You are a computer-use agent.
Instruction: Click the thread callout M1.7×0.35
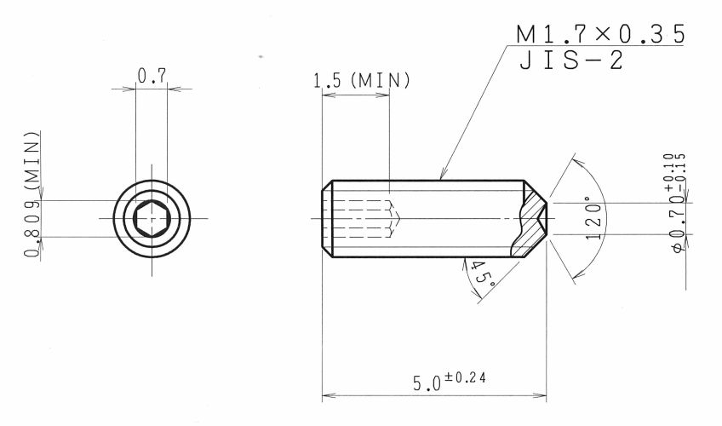[x=600, y=35]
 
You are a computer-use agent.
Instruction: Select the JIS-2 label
[x=572, y=60]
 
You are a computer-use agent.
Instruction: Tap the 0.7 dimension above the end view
[x=152, y=76]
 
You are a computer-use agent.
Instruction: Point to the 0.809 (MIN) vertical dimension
[x=32, y=194]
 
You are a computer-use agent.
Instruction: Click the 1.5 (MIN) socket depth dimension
[x=362, y=81]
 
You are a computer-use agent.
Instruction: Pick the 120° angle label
[x=593, y=218]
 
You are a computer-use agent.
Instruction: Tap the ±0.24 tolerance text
[x=464, y=377]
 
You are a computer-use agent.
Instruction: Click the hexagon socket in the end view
[x=152, y=218]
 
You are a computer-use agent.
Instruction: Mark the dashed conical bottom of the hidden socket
[x=394, y=218]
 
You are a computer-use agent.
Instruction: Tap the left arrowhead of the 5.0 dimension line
[x=328, y=395]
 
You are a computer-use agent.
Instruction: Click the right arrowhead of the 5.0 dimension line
[x=540, y=395]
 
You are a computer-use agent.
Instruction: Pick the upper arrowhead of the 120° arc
[x=576, y=163]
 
